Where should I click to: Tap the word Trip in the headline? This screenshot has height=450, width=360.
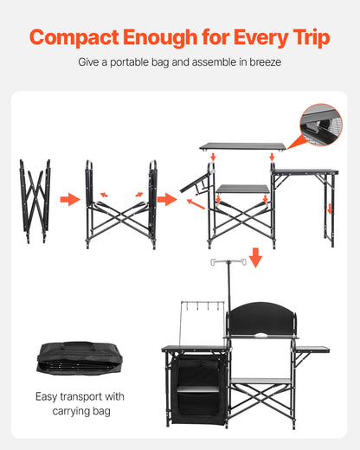[x=305, y=37]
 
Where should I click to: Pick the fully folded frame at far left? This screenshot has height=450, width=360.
[x=35, y=200]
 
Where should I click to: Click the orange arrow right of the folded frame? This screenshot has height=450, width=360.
[x=69, y=200]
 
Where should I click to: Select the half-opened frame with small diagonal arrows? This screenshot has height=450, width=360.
[x=120, y=202]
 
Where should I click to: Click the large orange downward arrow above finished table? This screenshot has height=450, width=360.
[x=255, y=257]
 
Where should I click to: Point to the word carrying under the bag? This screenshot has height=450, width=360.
[x=69, y=411]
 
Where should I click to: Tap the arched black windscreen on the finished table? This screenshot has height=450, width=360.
[x=260, y=318]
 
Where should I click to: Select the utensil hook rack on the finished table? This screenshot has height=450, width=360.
[x=202, y=309]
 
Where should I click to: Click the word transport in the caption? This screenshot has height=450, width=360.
[x=93, y=397]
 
